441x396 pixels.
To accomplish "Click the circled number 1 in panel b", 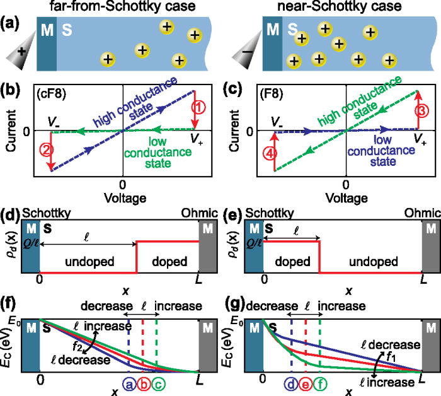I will click(x=197, y=108).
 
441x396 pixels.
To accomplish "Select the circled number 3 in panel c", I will click(x=419, y=108).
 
